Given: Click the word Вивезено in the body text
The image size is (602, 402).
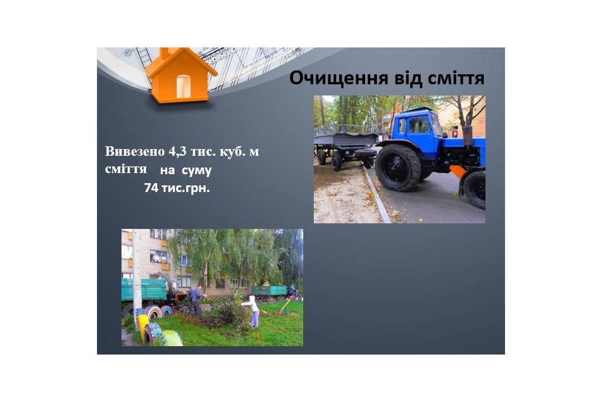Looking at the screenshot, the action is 135,151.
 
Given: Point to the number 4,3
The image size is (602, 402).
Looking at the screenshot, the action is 178,152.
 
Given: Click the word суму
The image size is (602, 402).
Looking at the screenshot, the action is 197,170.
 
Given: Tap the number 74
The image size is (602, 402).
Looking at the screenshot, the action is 151,188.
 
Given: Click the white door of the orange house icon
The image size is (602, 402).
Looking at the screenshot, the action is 183,86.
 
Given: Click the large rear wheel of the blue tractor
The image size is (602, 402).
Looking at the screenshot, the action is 398,167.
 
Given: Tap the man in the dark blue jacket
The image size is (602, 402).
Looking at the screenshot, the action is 197,301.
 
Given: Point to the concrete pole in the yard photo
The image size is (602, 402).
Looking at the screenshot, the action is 137,276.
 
